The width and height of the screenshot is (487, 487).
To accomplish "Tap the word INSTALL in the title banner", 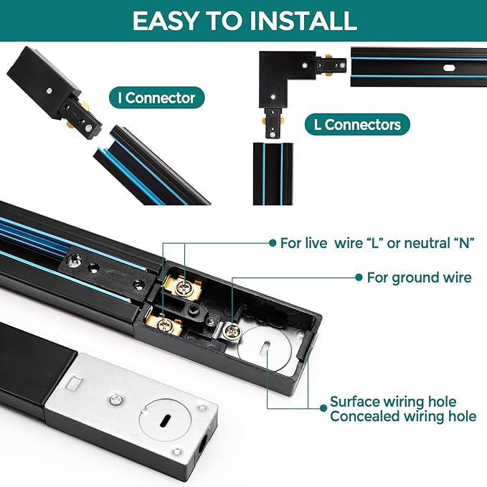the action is pos(303,21).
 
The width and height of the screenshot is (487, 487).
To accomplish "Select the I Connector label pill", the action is pos(157,98).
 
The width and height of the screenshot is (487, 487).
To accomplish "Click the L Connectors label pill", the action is pos(357,125).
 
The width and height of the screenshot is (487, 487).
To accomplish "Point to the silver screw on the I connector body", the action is pos(49,90).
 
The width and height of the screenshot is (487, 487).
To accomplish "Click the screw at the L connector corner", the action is pos(305,65).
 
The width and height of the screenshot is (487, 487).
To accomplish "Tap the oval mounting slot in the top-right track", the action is pos(449,67).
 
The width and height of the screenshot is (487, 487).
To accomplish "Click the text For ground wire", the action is pos(419,278).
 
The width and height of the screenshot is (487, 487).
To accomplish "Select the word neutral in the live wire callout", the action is pos(422,243).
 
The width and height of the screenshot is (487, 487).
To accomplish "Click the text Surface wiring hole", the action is pos(393,402).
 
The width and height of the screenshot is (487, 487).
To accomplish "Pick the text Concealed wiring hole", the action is pos(403,416).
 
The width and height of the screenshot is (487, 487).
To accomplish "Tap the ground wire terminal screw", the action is pos(233,331).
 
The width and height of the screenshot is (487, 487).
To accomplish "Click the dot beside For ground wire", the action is pos(359,278).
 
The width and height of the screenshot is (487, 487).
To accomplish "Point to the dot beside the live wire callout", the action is pos(273,243).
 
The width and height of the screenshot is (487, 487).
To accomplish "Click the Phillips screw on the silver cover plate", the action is pos(115,400).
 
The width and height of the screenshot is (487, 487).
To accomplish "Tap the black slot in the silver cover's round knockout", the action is pos(165,420).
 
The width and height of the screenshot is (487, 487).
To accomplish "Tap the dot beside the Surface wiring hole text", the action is pos(323,408).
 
